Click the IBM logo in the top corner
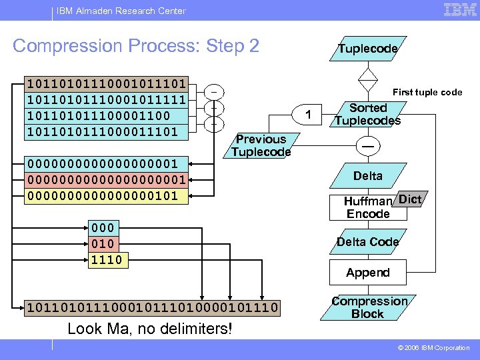click(460, 10)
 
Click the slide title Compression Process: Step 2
click(136, 46)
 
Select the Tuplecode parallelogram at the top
click(367, 49)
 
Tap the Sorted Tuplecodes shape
click(367, 114)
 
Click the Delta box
click(367, 176)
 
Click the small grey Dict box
click(409, 199)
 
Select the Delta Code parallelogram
click(367, 241)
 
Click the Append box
click(367, 273)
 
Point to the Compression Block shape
click(368, 307)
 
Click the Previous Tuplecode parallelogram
click(261, 145)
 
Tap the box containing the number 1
click(308, 115)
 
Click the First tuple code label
click(427, 93)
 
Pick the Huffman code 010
click(103, 243)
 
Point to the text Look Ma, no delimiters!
click(150, 329)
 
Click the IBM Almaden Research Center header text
click(121, 11)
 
